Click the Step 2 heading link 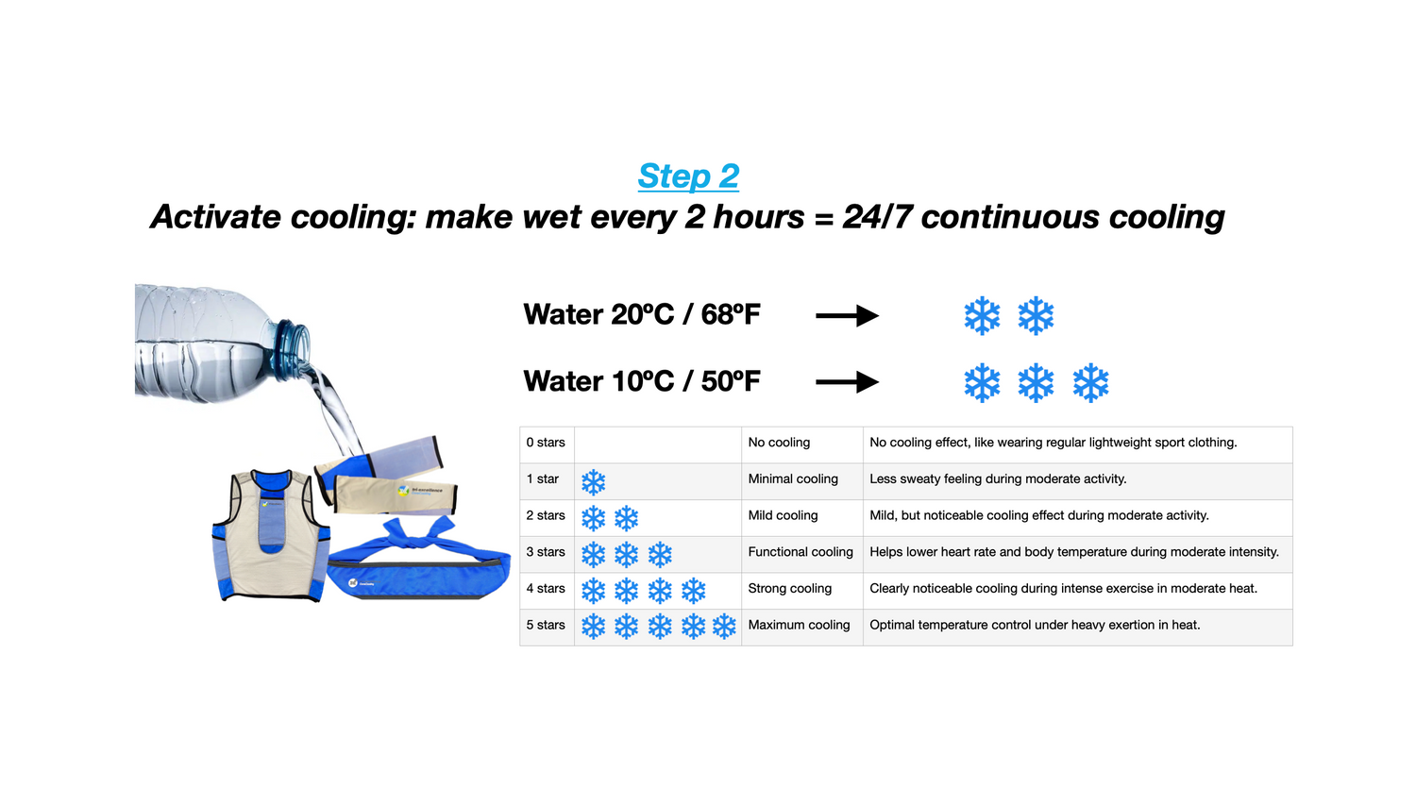pos(688,176)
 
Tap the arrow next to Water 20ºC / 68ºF pos(847,315)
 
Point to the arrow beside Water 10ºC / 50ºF pos(847,381)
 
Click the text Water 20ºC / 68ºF pos(642,314)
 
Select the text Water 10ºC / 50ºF pos(642,381)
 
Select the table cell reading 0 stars pos(546,443)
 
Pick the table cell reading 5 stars pos(546,625)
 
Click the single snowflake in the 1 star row pos(593,482)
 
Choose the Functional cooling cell pos(801,552)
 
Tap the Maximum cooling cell pos(799,625)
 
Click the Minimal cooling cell pos(793,479)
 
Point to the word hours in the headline pos(759,217)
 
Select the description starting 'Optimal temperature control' pos(1035,625)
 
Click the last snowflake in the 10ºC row pos(1090,382)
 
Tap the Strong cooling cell pos(789,588)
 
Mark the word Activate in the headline pos(215,217)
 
